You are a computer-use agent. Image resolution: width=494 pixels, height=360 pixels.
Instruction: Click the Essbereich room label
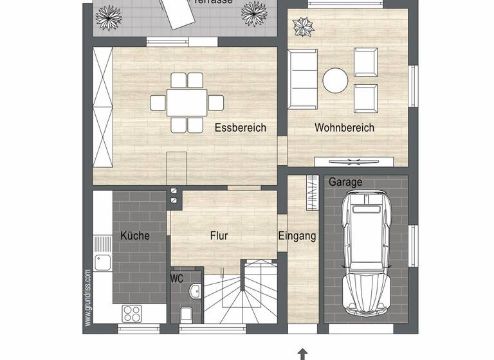[240, 128]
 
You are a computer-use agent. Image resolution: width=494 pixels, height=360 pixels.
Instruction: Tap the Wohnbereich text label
[344, 128]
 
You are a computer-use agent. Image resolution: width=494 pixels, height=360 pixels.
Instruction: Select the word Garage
[345, 182]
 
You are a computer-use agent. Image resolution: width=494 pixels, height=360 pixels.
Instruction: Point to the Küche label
[135, 236]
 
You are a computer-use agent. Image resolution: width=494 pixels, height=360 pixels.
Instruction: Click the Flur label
[219, 236]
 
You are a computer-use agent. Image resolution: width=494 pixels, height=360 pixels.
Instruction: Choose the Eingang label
[297, 236]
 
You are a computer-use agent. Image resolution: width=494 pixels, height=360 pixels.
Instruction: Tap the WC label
[177, 279]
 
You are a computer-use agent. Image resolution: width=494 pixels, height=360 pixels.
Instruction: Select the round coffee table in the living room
[335, 81]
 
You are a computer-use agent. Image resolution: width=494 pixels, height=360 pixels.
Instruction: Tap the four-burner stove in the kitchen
[132, 313]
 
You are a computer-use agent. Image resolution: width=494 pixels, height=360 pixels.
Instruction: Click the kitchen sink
[102, 262]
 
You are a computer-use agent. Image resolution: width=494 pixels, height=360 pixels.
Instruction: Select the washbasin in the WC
[196, 292]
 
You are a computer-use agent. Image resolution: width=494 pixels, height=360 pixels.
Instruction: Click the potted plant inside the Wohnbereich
[302, 27]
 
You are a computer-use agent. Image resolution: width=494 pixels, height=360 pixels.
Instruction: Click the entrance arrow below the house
[302, 354]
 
